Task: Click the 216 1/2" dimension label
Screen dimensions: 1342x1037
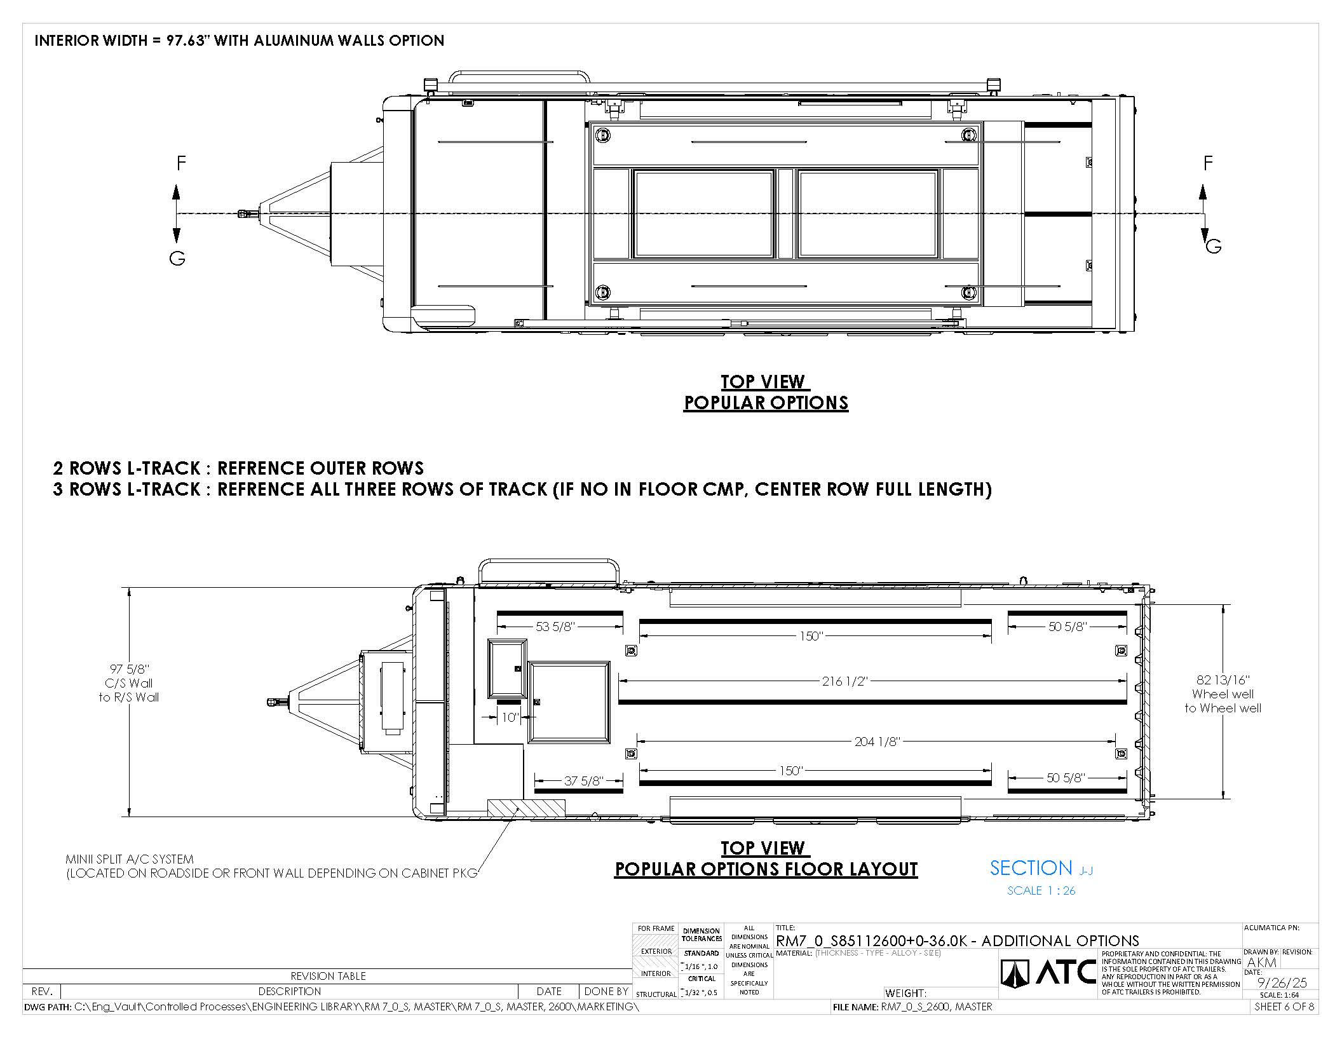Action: pos(844,682)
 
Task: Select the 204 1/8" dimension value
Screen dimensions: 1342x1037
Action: pos(876,741)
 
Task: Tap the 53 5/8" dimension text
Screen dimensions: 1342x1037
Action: pos(555,627)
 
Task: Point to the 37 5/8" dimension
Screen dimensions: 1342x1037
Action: pos(583,780)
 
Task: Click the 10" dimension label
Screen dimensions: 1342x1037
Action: pos(510,717)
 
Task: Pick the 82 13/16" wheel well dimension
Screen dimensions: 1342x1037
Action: pos(1223,680)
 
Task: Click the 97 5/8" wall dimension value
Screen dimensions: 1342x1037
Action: pos(129,669)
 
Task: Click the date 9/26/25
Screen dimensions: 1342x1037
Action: pos(1282,983)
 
